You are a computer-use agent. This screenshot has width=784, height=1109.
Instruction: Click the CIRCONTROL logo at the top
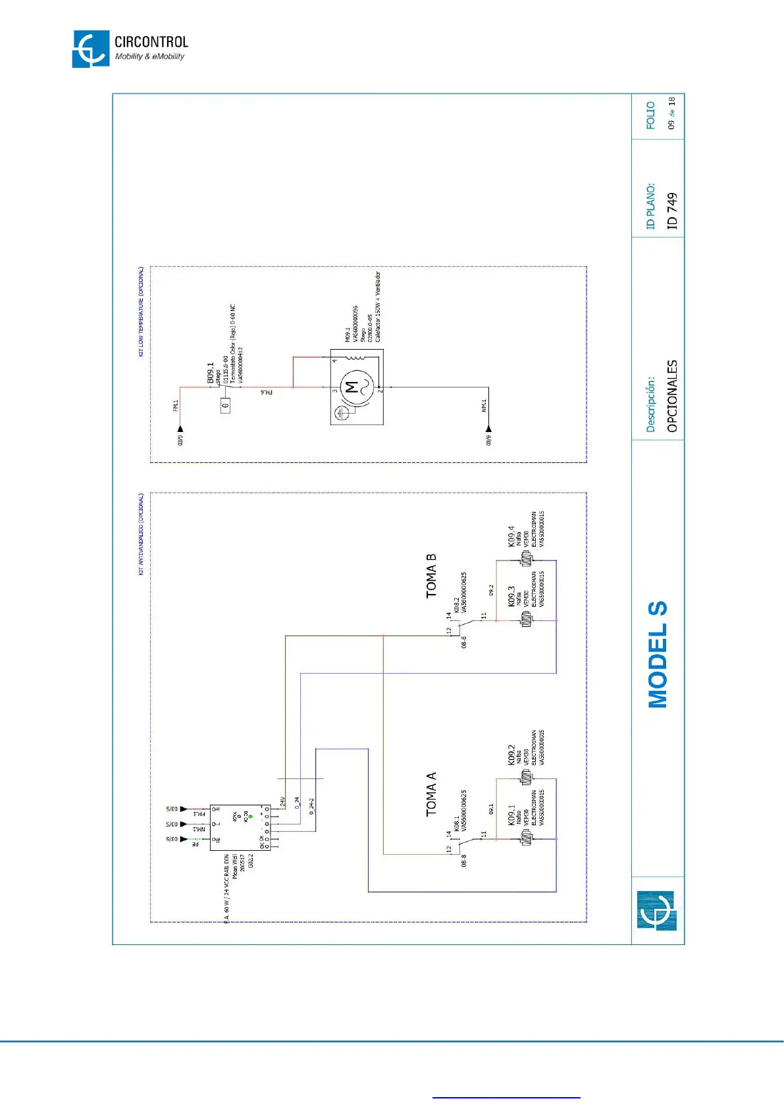[130, 49]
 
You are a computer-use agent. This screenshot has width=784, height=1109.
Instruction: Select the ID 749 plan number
[671, 211]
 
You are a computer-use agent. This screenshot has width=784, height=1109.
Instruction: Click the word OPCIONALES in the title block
[671, 396]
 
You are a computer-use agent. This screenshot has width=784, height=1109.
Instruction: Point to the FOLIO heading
[650, 115]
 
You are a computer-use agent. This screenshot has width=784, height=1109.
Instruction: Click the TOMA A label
[431, 794]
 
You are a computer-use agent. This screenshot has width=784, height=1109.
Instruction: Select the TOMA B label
[431, 576]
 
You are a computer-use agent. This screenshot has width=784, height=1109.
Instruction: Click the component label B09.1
[210, 373]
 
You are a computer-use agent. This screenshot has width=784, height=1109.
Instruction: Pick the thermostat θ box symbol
[225, 406]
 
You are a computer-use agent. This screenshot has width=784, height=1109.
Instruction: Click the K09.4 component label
[511, 536]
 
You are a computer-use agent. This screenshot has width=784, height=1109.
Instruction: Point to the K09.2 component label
[511, 755]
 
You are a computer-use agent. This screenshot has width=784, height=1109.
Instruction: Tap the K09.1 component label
[511, 815]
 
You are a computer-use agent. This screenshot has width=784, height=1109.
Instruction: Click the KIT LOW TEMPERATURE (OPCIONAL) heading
[140, 311]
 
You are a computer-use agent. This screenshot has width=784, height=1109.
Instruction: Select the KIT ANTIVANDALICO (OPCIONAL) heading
[140, 534]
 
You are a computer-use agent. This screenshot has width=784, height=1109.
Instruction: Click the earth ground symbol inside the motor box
[342, 413]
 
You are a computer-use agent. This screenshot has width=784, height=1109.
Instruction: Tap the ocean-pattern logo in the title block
[656, 911]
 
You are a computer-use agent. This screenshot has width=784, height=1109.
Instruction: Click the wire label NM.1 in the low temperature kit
[484, 406]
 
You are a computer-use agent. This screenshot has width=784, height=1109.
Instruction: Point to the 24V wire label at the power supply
[282, 801]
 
